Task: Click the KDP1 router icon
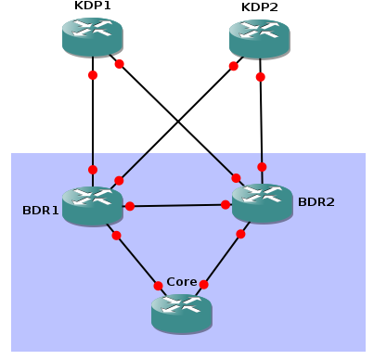93,36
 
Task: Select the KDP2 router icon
259,38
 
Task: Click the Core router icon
182,313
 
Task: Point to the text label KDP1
92,6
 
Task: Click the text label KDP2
259,6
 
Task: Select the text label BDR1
41,210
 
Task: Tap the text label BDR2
316,200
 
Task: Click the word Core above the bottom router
182,281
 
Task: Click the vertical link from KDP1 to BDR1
93,121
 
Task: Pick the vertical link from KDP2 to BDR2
261,121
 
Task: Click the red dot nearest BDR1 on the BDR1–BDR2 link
130,206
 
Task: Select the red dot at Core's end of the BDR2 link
203,285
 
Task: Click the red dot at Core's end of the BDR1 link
157,285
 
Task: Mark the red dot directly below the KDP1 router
93,75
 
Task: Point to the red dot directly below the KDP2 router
260,76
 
